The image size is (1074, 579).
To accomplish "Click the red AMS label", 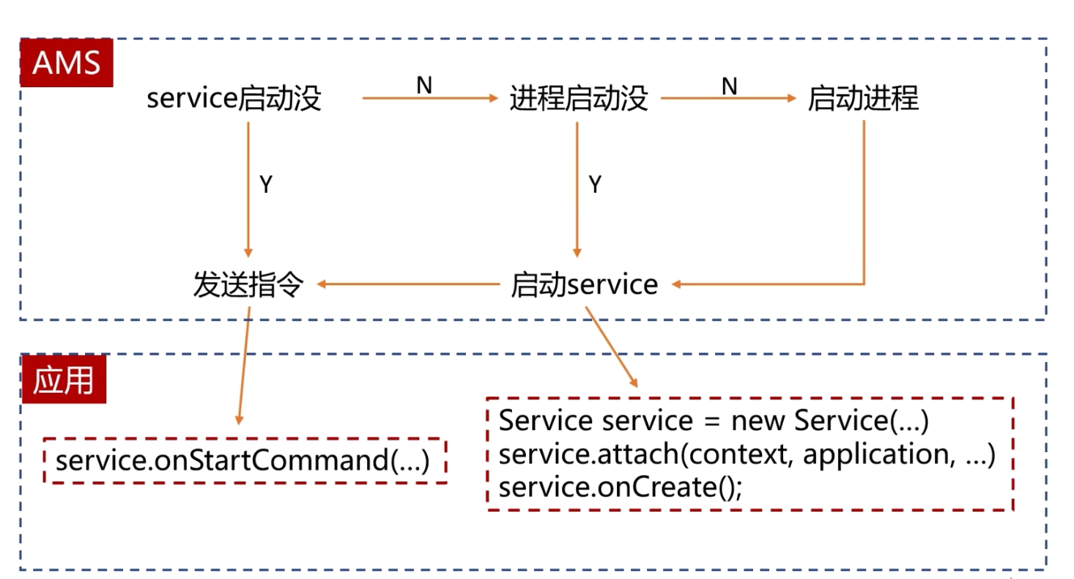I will point(66,63).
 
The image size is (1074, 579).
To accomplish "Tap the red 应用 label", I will point(64,380).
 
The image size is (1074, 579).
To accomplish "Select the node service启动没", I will point(234,98).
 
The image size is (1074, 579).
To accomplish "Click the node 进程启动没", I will point(578,98).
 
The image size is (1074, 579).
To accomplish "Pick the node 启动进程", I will point(862,98).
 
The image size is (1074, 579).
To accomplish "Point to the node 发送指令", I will point(248,284).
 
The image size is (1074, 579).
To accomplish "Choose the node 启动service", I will point(584,284).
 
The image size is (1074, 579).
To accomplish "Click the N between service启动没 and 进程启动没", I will point(424,86).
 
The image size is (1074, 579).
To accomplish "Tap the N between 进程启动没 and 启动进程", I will point(729,86).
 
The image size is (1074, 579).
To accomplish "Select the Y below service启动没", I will point(266,185).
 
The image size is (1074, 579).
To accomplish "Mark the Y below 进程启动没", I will point(595,185).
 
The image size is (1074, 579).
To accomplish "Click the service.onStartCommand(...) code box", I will point(245,461).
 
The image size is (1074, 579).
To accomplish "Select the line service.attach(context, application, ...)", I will point(747,455).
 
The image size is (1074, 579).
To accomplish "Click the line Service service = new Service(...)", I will point(714,421).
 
